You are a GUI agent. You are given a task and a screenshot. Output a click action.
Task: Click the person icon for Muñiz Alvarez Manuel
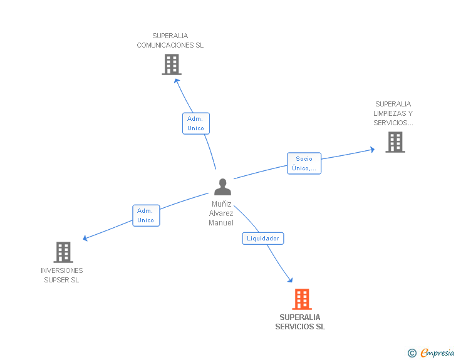tap(222, 187)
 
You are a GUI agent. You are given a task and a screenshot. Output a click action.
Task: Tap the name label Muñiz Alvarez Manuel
tap(221, 213)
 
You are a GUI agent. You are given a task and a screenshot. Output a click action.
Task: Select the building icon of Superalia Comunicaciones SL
tap(171, 64)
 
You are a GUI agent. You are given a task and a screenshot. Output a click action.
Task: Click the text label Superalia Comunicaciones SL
tap(170, 41)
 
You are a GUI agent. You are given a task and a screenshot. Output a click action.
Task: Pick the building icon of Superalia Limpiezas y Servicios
tap(395, 142)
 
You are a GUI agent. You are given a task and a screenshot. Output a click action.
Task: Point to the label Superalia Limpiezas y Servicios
tap(393, 113)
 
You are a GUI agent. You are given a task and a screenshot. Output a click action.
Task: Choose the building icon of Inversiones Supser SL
tap(63, 252)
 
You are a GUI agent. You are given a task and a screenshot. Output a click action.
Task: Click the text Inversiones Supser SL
tap(62, 275)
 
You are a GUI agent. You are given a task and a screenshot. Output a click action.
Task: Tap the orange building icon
tap(301, 299)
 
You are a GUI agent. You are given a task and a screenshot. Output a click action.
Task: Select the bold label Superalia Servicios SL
tap(300, 322)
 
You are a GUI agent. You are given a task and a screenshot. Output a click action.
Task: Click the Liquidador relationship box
tap(263, 239)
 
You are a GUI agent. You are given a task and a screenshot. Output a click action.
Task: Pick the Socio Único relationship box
tap(304, 163)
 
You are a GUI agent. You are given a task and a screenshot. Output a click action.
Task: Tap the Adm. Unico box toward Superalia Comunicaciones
tap(196, 123)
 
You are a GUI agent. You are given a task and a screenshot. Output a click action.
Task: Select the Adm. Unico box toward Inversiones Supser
tap(146, 215)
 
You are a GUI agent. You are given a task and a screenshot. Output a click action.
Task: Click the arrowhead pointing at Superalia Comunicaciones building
tap(177, 80)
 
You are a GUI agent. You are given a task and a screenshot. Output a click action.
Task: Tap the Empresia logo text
tap(437, 353)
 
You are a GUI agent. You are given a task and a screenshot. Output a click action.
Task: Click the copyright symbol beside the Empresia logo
tap(412, 353)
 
